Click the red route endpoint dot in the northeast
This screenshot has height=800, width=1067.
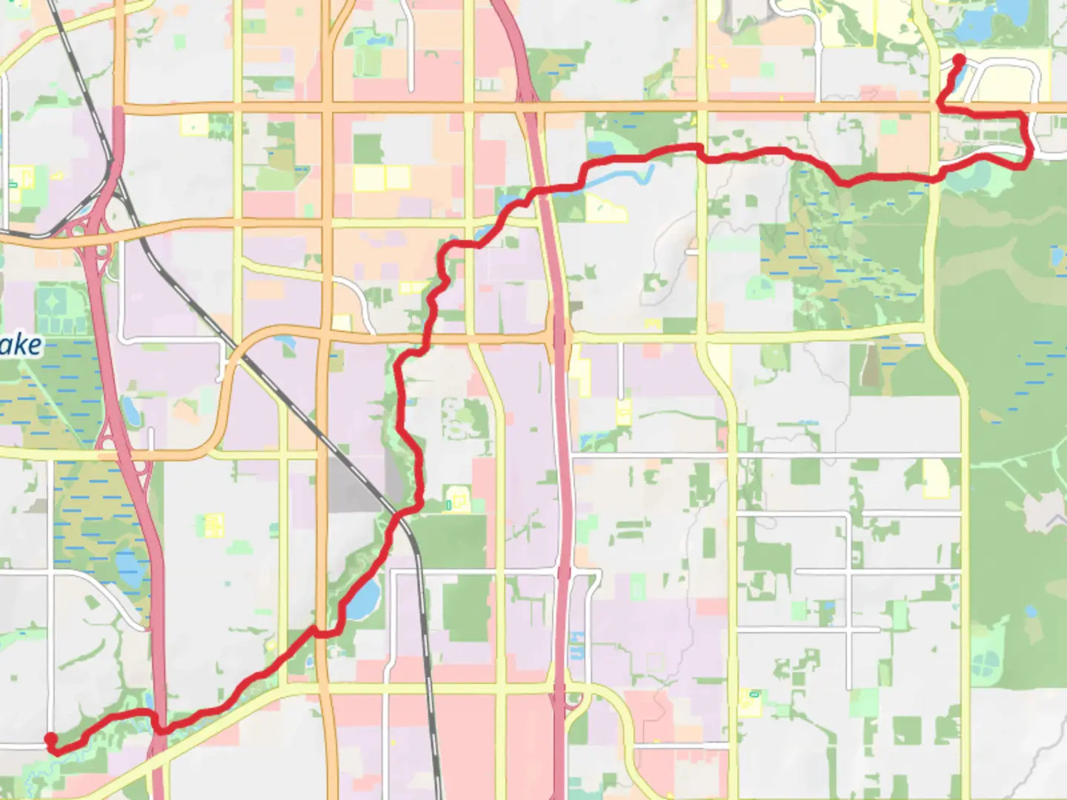tap(959, 60)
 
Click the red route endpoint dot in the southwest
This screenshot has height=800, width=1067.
tap(50, 739)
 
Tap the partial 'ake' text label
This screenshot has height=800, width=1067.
tap(21, 345)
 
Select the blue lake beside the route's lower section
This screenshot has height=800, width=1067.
tap(363, 599)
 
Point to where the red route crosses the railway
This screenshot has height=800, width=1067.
tap(400, 514)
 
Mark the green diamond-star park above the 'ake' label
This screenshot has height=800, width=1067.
tap(52, 304)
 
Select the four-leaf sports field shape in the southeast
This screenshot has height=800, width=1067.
tap(985, 655)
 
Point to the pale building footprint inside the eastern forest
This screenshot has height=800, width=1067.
tap(1044, 511)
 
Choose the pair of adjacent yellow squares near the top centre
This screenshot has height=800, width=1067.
tap(382, 178)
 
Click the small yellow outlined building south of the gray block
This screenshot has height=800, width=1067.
tap(214, 525)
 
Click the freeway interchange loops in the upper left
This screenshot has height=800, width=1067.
tap(89, 230)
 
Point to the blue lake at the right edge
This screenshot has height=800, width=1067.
tap(1057, 256)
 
